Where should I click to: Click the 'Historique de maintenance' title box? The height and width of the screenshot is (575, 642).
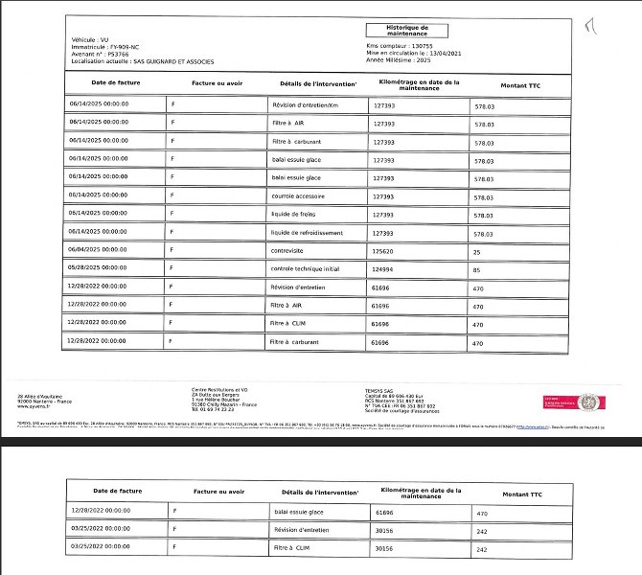click(x=406, y=32)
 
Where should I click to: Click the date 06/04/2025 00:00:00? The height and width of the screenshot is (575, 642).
click(x=99, y=250)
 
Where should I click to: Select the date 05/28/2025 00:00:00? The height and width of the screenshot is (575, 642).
click(x=99, y=268)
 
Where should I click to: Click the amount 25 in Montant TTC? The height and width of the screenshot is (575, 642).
click(x=479, y=251)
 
